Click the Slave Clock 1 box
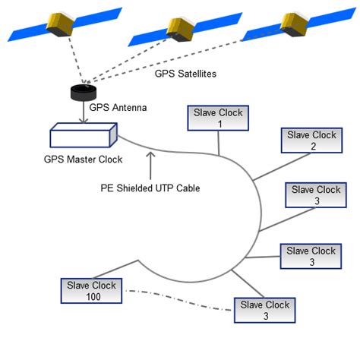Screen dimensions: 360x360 click(219, 118)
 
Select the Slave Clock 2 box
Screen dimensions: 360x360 click(311, 140)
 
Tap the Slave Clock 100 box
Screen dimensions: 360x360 click(90, 290)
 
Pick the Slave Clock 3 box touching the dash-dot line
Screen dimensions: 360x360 click(265, 310)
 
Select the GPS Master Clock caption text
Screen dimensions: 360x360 click(83, 159)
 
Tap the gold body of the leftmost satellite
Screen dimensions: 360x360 click(62, 25)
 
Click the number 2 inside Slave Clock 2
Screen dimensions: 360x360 click(311, 146)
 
